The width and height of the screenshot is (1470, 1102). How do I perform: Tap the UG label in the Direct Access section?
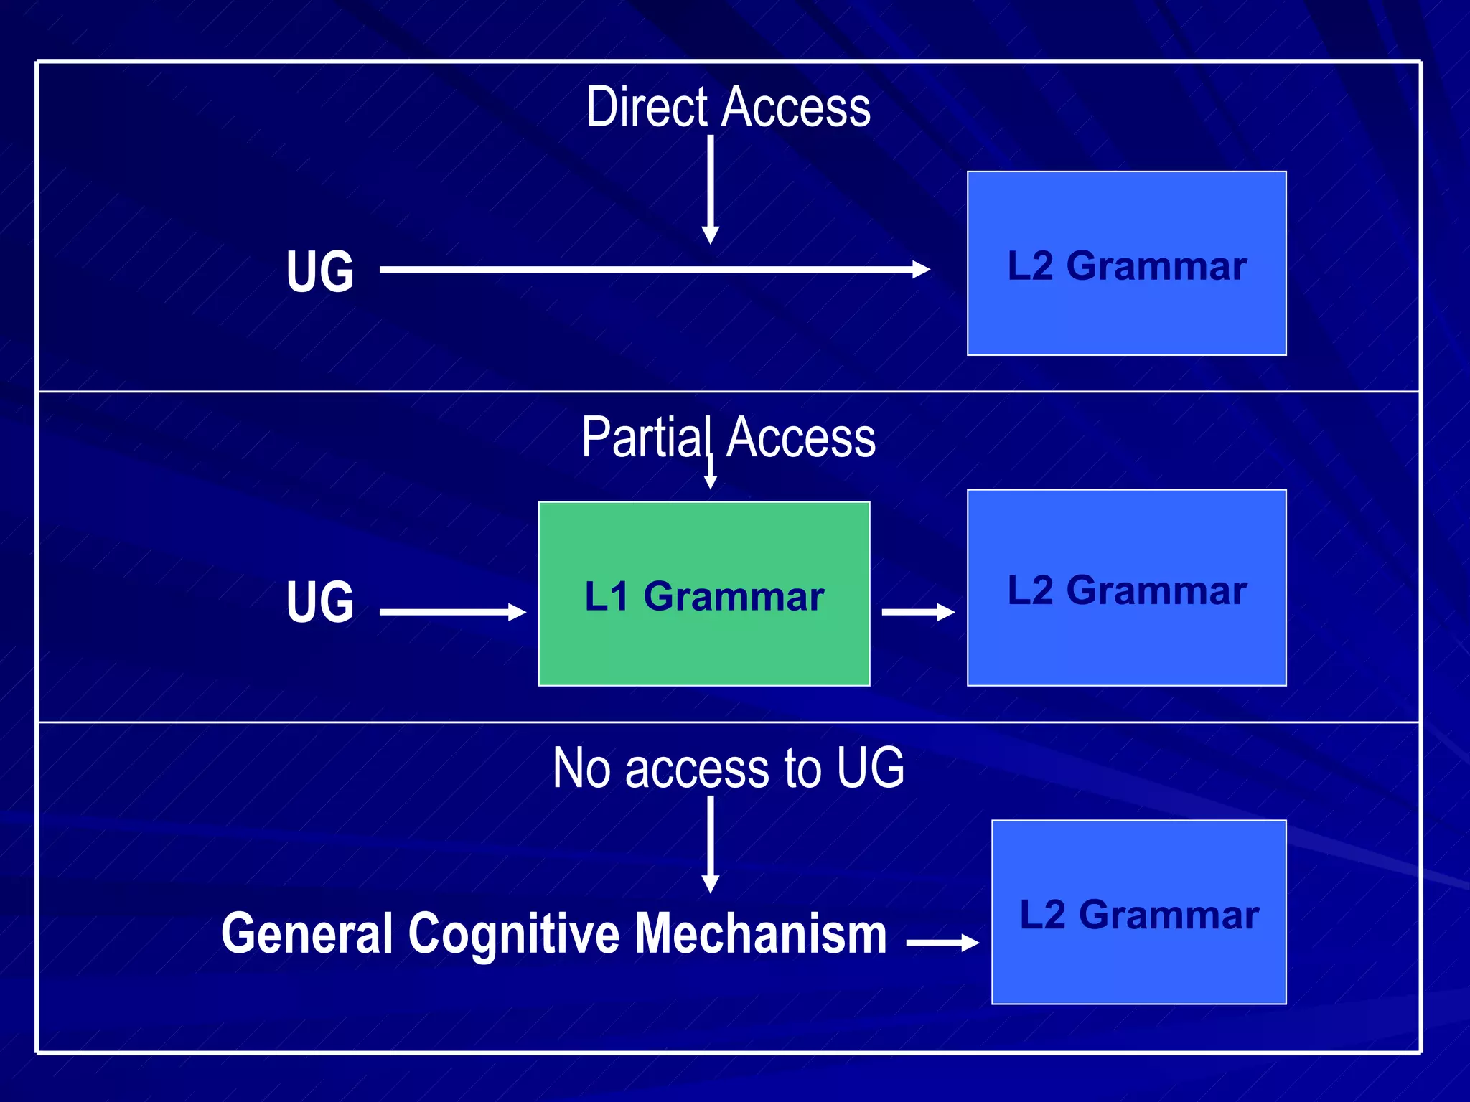pos(320,271)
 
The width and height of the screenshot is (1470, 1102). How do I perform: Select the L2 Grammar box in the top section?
pos(1126,263)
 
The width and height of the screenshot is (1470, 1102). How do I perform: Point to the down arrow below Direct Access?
pos(711,190)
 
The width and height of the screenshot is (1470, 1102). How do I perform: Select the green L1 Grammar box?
pos(704,594)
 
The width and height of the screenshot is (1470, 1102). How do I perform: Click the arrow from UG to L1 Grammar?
pos(452,612)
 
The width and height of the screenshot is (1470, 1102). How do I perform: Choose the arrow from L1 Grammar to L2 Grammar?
pos(917,612)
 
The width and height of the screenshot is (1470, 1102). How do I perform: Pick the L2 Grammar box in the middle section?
pos(1126,588)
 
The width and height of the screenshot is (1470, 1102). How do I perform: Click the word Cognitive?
pos(514,934)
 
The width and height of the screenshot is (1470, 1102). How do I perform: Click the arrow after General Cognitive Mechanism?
pos(942,943)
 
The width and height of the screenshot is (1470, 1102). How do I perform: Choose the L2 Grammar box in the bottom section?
pos(1138,913)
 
